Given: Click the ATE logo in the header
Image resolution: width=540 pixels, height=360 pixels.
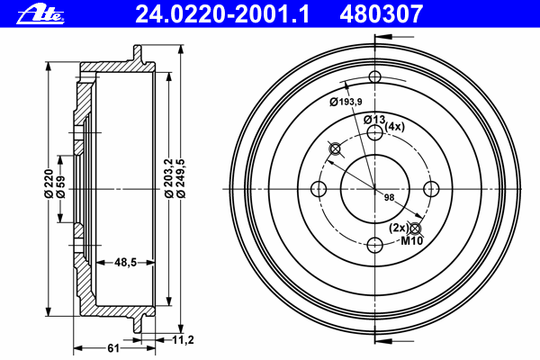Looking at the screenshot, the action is [40, 14].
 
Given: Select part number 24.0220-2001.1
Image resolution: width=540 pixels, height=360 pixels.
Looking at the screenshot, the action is [222, 14].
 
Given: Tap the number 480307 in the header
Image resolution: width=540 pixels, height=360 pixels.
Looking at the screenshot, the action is [382, 14].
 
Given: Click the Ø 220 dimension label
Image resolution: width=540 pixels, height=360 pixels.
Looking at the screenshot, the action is [49, 184].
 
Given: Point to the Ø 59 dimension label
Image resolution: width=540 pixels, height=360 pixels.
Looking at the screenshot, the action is [61, 186].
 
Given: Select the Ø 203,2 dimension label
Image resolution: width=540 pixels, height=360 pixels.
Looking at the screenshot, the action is [169, 178].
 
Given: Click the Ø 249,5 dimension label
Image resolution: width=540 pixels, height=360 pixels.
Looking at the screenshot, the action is [181, 178].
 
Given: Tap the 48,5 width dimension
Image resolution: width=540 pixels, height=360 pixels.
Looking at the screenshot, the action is [125, 263].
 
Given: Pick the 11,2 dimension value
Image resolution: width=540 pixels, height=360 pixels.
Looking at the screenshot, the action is [183, 340].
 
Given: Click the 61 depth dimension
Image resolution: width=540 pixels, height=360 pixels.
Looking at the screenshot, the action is [113, 348].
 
